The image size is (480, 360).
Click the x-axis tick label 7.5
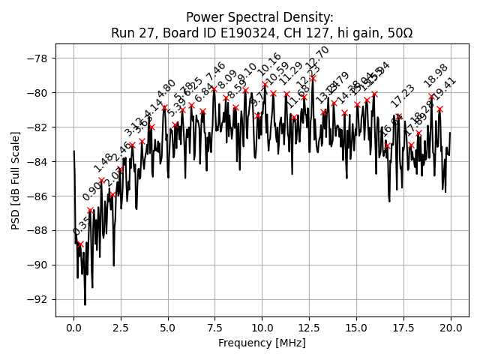215,328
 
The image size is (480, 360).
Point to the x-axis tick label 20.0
450,328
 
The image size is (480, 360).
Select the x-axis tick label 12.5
309,328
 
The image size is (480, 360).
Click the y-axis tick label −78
37,58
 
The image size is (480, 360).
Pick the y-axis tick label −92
37,299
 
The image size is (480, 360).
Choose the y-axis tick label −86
37,196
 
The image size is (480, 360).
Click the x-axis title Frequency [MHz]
262,343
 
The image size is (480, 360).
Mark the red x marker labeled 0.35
80,244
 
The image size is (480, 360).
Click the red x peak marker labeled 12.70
313,78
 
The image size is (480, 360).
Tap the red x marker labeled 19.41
439,109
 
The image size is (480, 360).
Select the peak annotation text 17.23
402,96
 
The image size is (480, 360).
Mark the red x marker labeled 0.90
91,211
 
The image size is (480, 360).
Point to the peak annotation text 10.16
269,64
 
